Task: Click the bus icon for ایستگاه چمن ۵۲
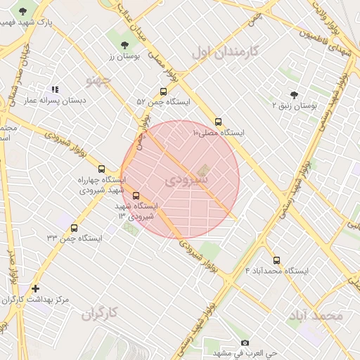(164, 91)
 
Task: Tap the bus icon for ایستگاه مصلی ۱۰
(219, 122)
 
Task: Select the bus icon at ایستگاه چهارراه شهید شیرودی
(102, 169)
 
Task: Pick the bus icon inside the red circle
(136, 196)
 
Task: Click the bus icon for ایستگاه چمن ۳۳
(75, 228)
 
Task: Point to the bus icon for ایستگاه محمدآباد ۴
(276, 260)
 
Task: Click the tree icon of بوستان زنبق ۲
(293, 94)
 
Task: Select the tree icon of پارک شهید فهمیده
(24, 11)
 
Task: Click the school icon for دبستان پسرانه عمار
(55, 90)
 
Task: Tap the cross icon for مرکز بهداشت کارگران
(36, 288)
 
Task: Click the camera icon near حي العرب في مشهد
(225, 342)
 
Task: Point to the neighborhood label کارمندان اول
(225, 51)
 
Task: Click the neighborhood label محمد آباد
(314, 316)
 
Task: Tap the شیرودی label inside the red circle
(187, 180)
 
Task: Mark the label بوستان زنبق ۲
(296, 105)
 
